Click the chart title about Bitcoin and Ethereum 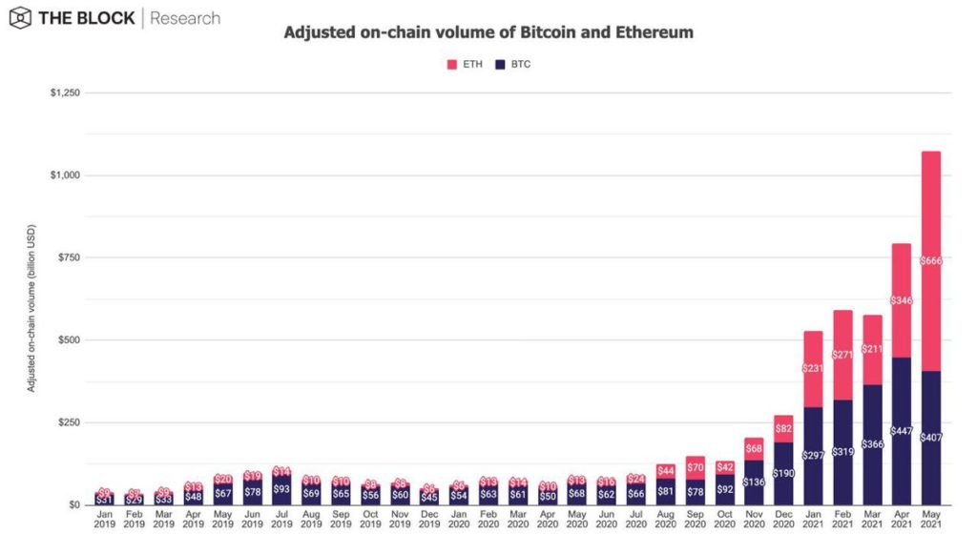(x=488, y=32)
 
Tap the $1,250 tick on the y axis (x=65, y=93)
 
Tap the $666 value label (x=930, y=260)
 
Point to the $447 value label (x=901, y=431)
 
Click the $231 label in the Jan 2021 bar (x=812, y=368)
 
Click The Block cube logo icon (x=20, y=18)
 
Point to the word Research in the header (x=186, y=18)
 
